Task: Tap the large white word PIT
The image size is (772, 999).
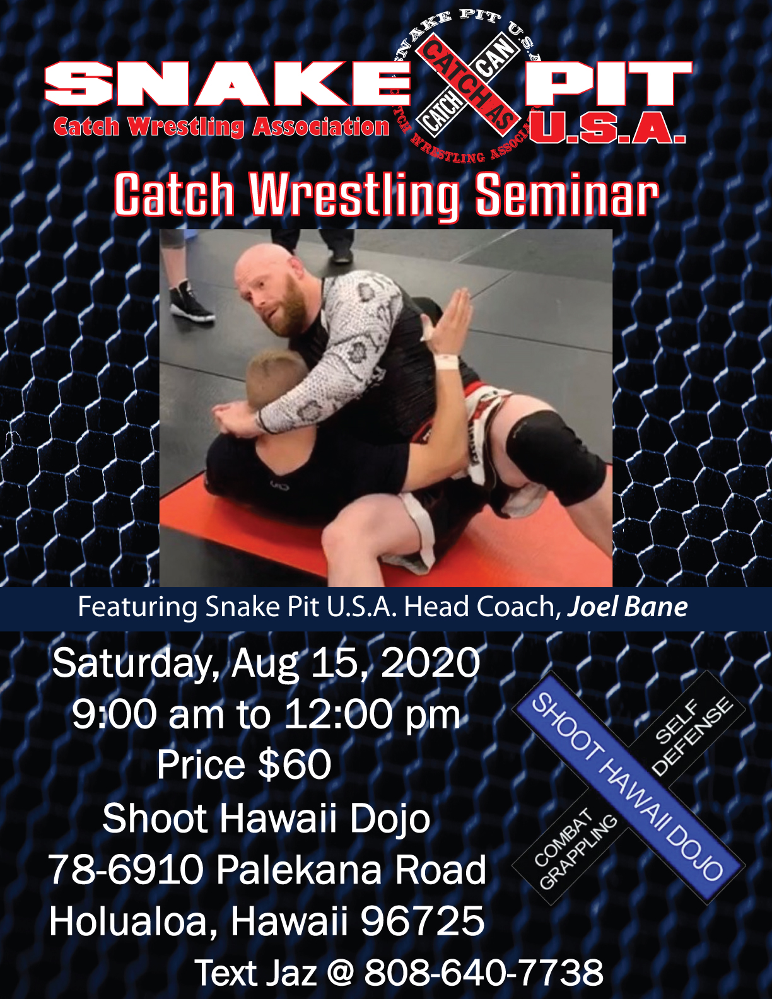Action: click(609, 84)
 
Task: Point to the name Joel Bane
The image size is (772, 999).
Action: click(628, 607)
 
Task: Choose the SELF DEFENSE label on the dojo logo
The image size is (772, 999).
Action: click(691, 734)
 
